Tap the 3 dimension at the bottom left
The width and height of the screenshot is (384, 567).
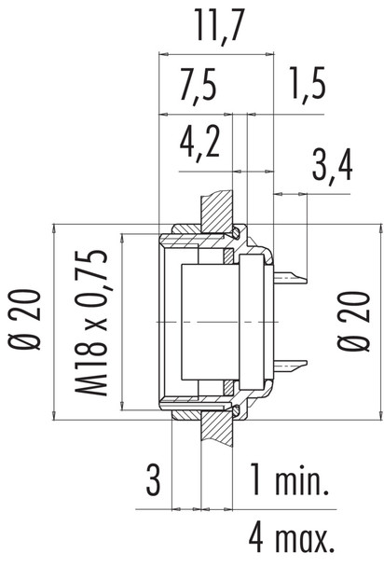click(154, 482)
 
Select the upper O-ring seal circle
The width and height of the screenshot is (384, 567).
click(239, 232)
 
